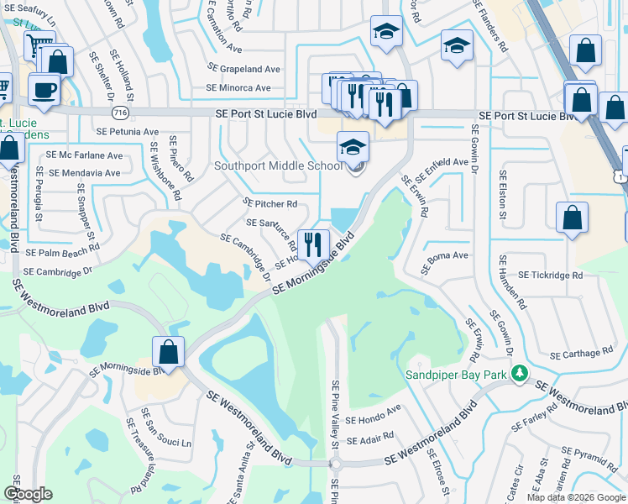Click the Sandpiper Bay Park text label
click(458, 374)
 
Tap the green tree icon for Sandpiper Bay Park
click(521, 372)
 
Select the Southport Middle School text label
click(278, 165)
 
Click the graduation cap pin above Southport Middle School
click(353, 147)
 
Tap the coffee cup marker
click(44, 89)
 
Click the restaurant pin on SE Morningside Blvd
click(311, 244)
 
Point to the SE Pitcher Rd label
click(270, 203)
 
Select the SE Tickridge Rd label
click(550, 275)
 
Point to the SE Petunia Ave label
click(128, 132)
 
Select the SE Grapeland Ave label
click(243, 69)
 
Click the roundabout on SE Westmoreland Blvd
click(336, 464)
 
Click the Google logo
click(28, 494)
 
